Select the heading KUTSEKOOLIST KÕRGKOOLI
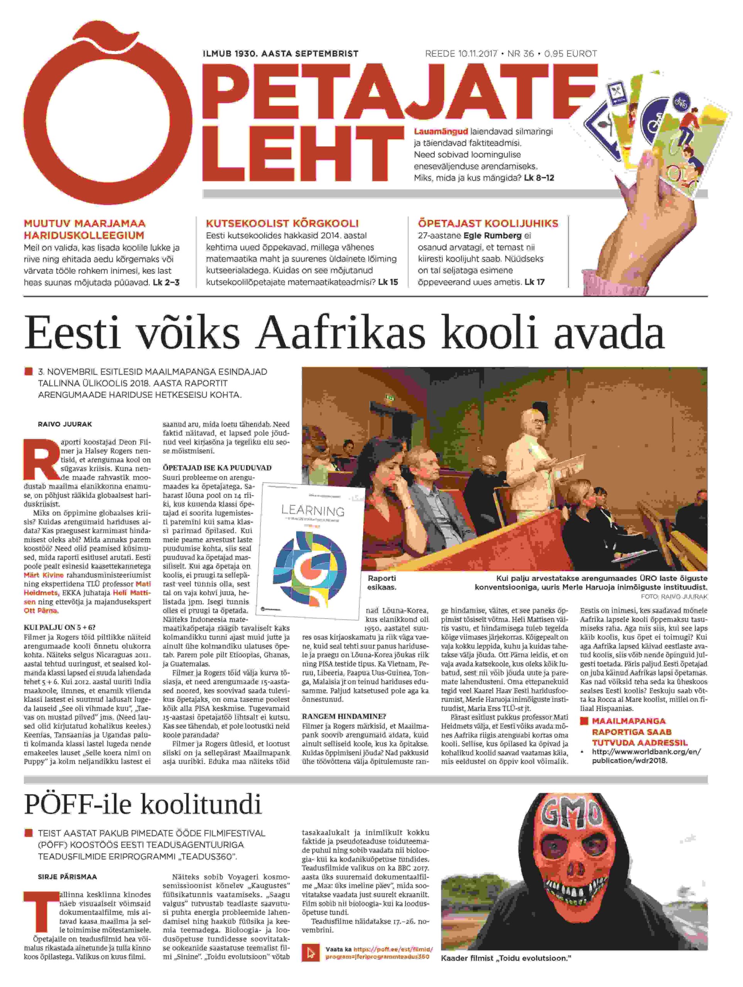pos(282,224)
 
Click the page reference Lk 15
pos(388,282)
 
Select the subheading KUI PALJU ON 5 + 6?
pos(59,627)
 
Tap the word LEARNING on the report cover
pos(312,510)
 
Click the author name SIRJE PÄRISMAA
pos(67,877)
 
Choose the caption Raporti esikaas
pos(382,583)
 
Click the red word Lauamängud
pos(441,131)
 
